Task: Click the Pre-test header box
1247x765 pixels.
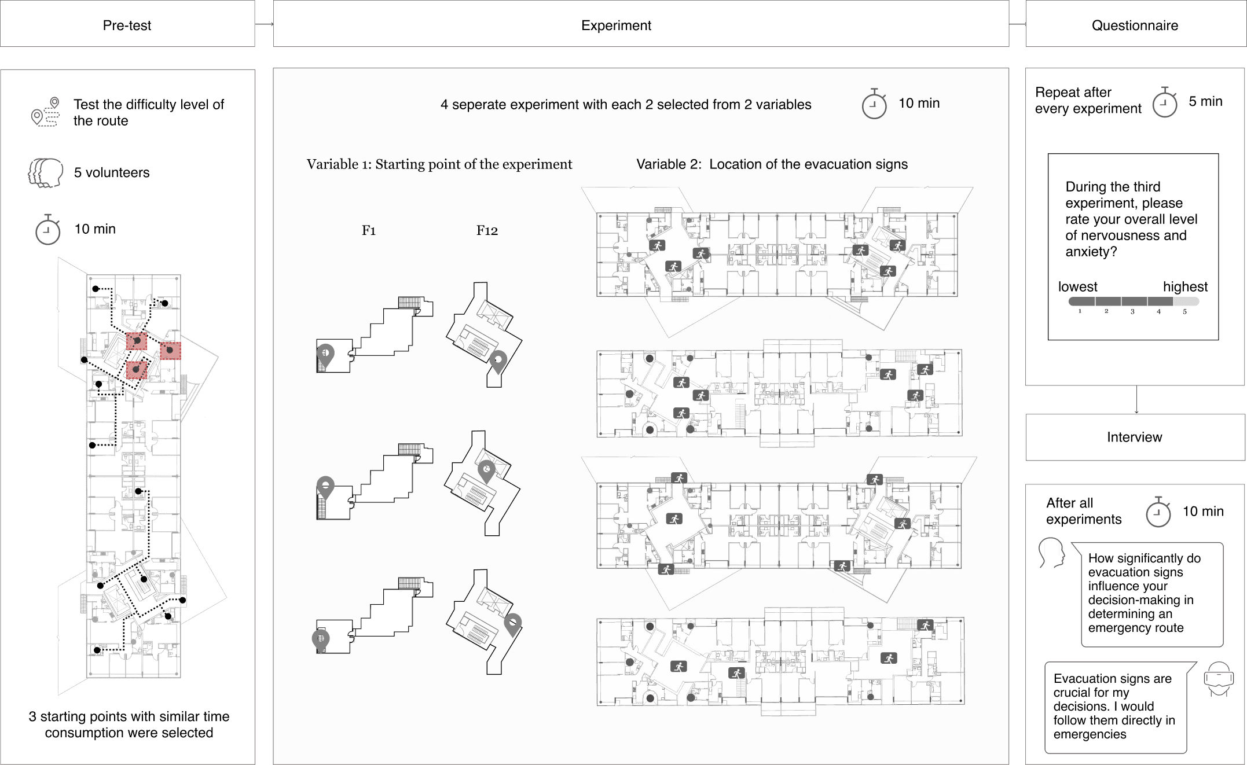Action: tap(127, 24)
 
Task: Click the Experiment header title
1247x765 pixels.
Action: tap(616, 25)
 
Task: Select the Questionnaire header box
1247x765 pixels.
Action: tap(1135, 24)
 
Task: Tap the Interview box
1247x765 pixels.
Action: tap(1135, 437)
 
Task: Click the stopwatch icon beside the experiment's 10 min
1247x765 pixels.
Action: tap(874, 105)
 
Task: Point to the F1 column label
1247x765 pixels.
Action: tap(369, 230)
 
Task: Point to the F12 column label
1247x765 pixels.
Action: tap(487, 230)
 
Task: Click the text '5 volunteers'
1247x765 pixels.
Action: tap(112, 172)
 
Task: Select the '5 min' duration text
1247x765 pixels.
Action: tap(1205, 101)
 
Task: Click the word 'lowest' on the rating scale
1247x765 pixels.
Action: tap(1077, 286)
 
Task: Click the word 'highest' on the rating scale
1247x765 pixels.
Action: tap(1185, 286)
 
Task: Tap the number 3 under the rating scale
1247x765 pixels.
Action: tap(1132, 312)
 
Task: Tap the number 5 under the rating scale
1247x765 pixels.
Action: tap(1184, 312)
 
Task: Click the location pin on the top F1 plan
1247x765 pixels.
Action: tap(325, 354)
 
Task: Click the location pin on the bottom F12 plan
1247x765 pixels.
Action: tap(513, 624)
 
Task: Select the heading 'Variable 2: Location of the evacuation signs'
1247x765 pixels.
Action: tap(772, 164)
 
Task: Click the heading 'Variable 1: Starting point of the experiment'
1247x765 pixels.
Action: tap(439, 164)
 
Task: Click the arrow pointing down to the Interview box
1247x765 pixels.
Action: tap(1136, 399)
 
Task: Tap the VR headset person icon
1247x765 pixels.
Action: tap(1218, 679)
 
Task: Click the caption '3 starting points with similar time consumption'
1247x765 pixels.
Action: tap(129, 724)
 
